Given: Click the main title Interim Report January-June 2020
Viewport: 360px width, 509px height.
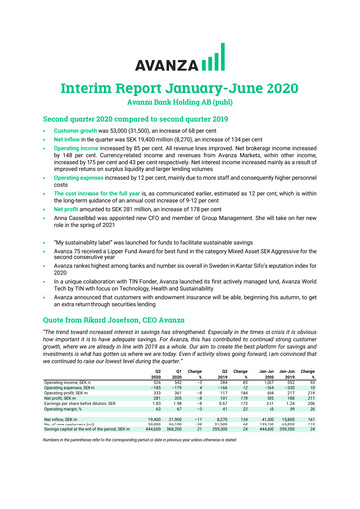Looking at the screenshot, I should tap(180, 68).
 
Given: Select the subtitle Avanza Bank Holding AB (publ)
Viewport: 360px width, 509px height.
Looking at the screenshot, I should tap(179, 85).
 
